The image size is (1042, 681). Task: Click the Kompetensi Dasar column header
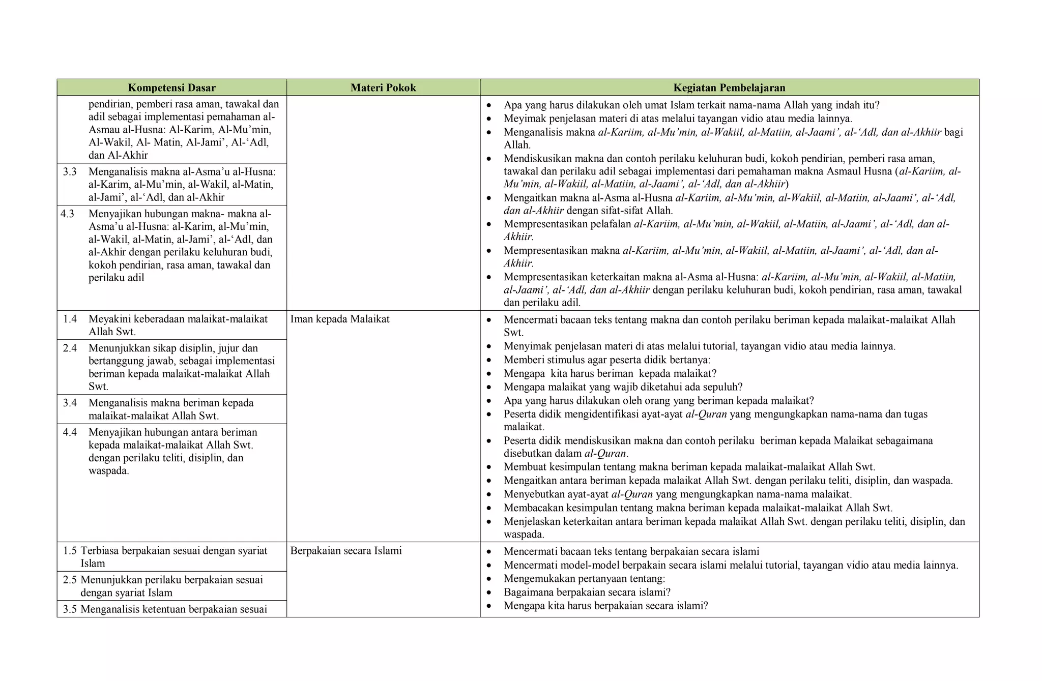pos(171,87)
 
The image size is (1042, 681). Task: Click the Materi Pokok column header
pos(383,87)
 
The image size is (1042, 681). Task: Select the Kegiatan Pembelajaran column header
pos(729,87)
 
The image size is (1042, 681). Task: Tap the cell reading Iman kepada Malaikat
pos(340,319)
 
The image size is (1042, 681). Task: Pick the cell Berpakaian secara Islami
pos(346,550)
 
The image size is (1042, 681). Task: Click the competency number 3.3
pos(70,171)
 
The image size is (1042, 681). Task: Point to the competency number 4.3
pos(68,214)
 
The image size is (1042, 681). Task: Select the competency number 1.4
pos(70,319)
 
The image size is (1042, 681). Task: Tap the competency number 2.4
pos(70,348)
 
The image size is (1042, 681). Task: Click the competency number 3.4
pos(70,403)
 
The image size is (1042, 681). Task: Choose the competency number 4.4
pos(70,432)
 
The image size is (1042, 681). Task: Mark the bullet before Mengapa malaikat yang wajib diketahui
pos(489,388)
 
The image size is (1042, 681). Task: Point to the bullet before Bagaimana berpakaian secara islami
pos(489,593)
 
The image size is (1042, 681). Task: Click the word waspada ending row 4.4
pos(108,470)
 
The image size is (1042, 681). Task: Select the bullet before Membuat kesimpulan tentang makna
pos(489,467)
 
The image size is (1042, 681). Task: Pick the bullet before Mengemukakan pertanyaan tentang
pos(489,579)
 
